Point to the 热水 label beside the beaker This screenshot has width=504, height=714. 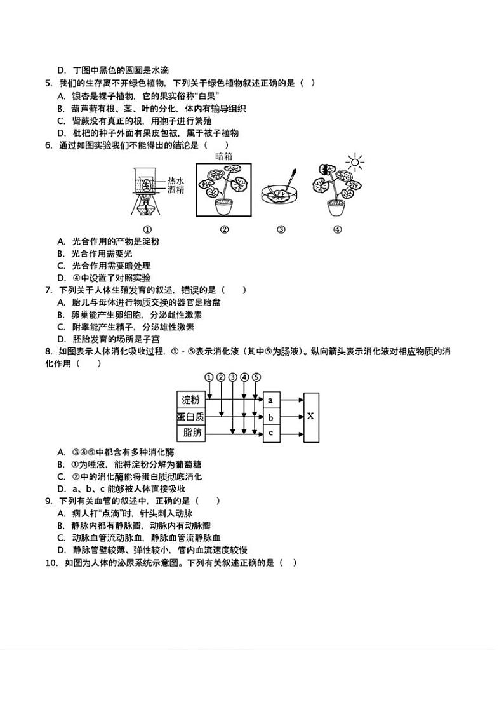[176, 180]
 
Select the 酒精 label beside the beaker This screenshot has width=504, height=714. [176, 189]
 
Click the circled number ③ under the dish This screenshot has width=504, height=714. [281, 230]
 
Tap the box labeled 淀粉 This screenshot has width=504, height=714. [190, 400]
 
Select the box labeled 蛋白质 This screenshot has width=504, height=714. [190, 417]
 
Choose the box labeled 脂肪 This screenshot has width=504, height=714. [190, 433]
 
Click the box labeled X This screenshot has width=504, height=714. [310, 417]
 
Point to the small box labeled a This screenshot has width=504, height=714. [271, 400]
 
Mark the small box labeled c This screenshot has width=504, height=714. [271, 433]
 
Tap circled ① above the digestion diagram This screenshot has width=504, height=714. [209, 377]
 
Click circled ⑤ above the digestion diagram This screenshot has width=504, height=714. [256, 377]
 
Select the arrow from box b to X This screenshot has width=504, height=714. [291, 417]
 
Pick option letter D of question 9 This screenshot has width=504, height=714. [61, 550]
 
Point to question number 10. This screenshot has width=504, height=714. [50, 562]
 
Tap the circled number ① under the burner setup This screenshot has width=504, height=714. [147, 230]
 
